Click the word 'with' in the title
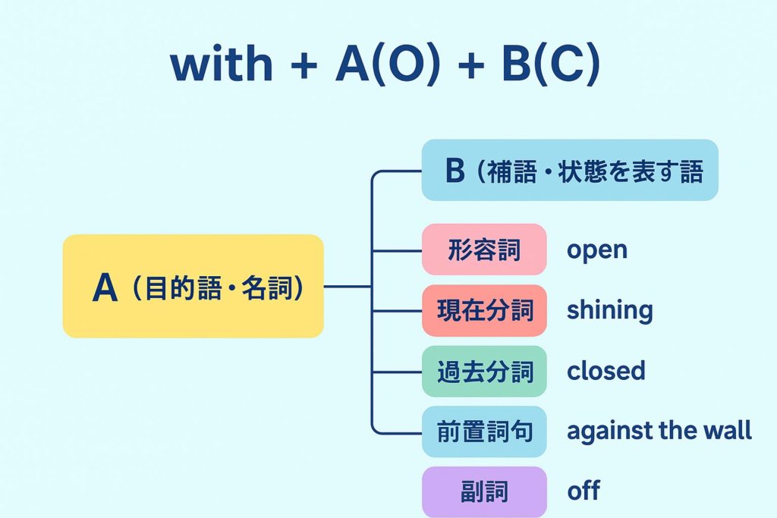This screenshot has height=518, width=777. coord(222,64)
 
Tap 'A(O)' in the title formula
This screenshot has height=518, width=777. coord(388,64)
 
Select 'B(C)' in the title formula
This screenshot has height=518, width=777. coord(551,64)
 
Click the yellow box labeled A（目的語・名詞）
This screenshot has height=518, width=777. coord(193,286)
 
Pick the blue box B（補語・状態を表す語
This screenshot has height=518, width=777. coord(570,170)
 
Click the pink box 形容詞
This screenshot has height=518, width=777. coord(484,249)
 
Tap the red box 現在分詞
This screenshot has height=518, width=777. coord(484,310)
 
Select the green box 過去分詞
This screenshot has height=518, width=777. coord(484,372)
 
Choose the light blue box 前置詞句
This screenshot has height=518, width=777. coord(484,432)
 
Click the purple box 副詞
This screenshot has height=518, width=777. coord(484,491)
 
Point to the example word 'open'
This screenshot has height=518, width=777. coord(597,250)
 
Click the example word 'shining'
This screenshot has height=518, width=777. coord(609,311)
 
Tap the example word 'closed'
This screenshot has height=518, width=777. coord(606,371)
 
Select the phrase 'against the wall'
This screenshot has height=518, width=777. coord(659,431)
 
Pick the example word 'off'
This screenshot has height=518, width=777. coord(584,491)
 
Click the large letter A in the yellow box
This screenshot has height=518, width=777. coord(105,287)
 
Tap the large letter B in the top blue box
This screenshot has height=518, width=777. coord(455,170)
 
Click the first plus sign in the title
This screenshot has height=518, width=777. coord(304,64)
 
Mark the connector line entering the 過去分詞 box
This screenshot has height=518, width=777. coord(397,372)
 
